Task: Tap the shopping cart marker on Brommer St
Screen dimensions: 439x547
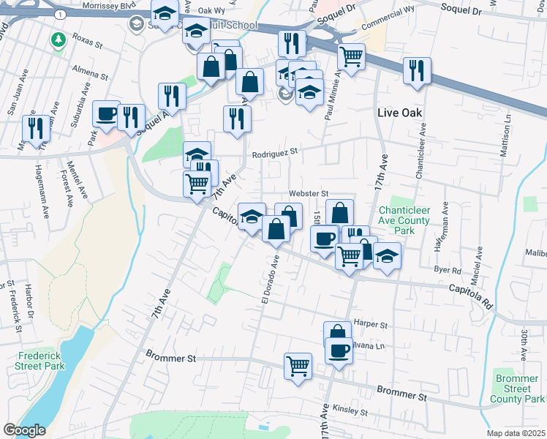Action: coord(298,365)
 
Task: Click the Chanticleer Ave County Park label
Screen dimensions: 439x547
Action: coord(407,220)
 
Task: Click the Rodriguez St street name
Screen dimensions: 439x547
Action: coord(276,154)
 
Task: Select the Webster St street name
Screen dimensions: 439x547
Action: coord(306,193)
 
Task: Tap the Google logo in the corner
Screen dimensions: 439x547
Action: coord(23,430)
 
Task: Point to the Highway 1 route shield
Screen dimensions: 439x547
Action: coord(57,12)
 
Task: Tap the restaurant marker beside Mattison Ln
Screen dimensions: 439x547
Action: coord(417,71)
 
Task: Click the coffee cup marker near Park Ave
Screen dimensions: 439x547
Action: coord(106,115)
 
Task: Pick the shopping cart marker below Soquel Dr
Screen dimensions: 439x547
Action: coord(352,56)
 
